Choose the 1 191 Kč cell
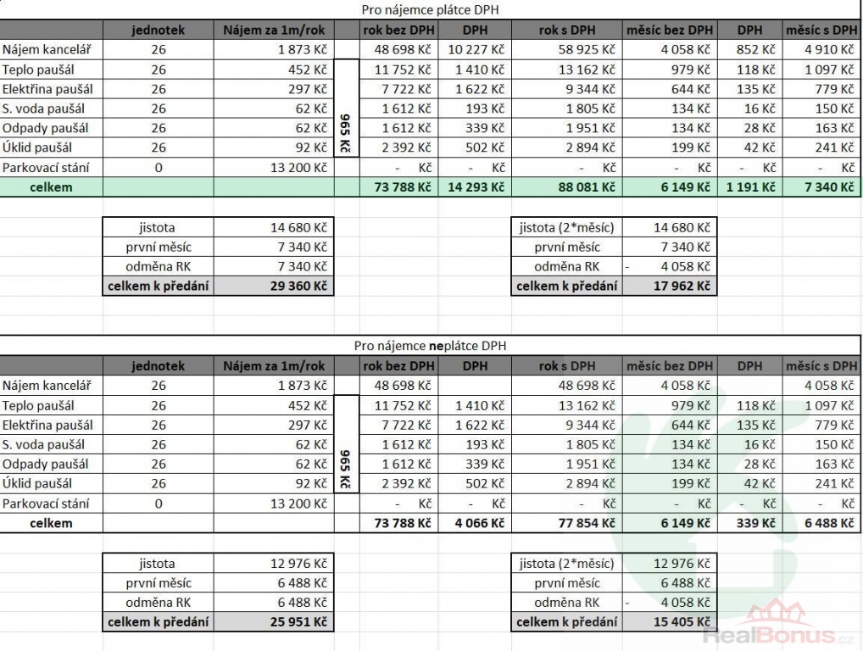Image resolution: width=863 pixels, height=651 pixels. coord(751,187)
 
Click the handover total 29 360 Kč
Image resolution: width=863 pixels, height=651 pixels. coord(297,287)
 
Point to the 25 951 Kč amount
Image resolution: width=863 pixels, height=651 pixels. coord(297,622)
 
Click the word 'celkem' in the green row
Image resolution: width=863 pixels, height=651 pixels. coord(51,187)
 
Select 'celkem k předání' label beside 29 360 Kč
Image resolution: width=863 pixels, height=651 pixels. coord(158,287)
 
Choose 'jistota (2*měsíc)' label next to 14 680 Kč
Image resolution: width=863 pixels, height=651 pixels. coord(567,227)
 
